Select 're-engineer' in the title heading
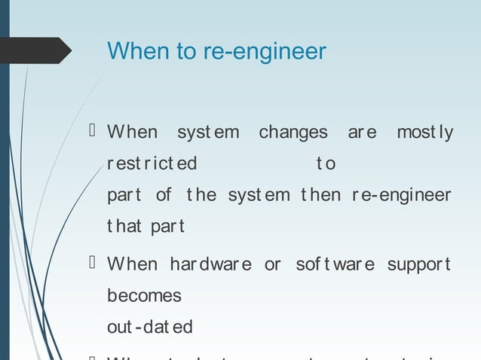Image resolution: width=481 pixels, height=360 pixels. point(265,52)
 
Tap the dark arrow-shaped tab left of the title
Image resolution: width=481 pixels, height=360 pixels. point(35,51)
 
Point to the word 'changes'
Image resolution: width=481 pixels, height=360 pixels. point(293,133)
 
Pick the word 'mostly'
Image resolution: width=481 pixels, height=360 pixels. point(424,133)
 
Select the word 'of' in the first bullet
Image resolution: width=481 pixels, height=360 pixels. point(164,195)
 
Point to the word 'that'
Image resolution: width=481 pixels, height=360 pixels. point(124,226)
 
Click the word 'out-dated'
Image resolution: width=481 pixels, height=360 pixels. point(149,327)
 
